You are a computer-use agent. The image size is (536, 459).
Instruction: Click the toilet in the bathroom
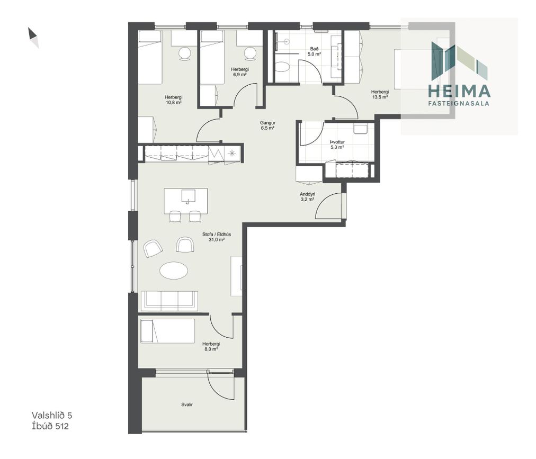(282, 67)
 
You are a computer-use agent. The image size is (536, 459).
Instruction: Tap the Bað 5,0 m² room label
(314, 51)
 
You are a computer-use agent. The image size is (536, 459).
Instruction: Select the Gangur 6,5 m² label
(267, 125)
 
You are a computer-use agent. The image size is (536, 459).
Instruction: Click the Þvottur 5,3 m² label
(337, 145)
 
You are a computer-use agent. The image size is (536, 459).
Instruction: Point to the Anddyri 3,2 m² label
(307, 197)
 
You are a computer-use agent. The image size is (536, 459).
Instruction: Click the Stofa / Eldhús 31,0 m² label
(217, 237)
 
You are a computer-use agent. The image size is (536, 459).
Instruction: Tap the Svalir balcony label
(187, 404)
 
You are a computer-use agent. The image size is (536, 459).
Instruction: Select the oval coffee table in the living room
(174, 271)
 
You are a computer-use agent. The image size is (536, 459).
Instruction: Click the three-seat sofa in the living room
(169, 301)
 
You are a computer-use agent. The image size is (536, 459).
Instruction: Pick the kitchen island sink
(188, 196)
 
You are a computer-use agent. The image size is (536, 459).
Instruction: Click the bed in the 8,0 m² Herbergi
(168, 331)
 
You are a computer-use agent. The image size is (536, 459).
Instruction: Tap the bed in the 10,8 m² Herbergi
(150, 57)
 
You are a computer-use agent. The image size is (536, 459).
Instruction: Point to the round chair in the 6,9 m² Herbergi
(249, 53)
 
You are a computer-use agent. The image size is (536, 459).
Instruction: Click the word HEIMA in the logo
(459, 91)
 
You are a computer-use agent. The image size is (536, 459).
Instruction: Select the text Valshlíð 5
(52, 415)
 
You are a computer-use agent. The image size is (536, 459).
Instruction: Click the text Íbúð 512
(50, 426)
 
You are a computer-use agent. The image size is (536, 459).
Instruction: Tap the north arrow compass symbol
(33, 38)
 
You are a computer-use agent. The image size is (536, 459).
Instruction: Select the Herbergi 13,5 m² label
(380, 94)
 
